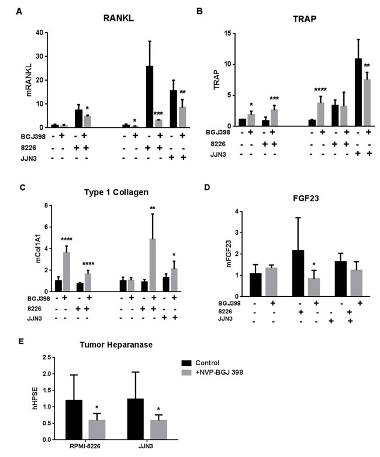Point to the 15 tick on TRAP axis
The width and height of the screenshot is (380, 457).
(223, 33)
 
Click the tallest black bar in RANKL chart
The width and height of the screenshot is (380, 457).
(151, 96)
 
